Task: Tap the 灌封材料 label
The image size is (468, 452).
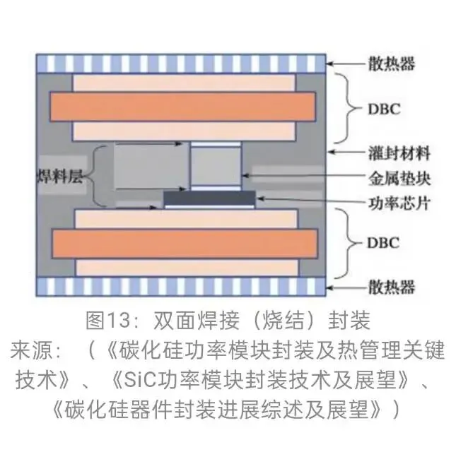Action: (x=399, y=153)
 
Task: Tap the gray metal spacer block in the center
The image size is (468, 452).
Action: (x=215, y=168)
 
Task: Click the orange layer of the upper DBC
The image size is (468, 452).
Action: (x=182, y=107)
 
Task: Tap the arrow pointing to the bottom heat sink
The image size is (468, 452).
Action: (x=346, y=287)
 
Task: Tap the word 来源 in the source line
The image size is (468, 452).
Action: (x=34, y=349)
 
